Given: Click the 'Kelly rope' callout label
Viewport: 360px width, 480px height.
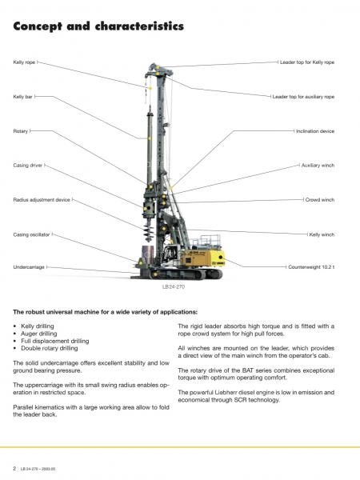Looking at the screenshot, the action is [x=24, y=62].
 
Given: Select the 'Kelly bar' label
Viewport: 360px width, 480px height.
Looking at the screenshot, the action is [x=22, y=97].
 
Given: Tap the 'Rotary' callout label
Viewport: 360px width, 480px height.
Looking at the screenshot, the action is [x=21, y=131].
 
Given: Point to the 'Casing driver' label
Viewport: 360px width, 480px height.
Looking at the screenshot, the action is [x=28, y=166].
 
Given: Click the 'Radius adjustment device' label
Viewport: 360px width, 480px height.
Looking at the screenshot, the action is [x=42, y=200].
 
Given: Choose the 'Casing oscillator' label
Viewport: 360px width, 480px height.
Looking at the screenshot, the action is [x=31, y=234].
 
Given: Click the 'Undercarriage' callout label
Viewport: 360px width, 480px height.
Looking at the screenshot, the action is [x=29, y=267].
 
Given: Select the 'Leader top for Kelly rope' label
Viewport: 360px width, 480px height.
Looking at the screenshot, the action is [x=307, y=62].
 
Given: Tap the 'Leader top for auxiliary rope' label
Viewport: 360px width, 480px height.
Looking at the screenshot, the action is [x=303, y=97].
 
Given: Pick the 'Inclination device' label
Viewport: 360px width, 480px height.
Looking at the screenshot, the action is [x=315, y=131].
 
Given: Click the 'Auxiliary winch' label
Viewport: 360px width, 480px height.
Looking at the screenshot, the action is [x=318, y=166].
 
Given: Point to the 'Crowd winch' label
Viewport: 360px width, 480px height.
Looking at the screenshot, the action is [x=320, y=200].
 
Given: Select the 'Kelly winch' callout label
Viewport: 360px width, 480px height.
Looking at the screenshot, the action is [x=322, y=234].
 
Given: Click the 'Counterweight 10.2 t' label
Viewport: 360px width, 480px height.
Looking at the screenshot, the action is [x=311, y=267].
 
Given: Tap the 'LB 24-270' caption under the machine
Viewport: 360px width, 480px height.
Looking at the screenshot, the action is [x=174, y=287].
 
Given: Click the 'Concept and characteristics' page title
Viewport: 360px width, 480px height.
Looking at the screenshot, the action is [x=98, y=26].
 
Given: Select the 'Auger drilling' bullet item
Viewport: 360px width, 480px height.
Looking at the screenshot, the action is [x=39, y=334].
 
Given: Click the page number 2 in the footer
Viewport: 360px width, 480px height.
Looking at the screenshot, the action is [x=14, y=468].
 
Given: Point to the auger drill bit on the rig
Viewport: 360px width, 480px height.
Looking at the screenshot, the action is [x=149, y=229].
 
